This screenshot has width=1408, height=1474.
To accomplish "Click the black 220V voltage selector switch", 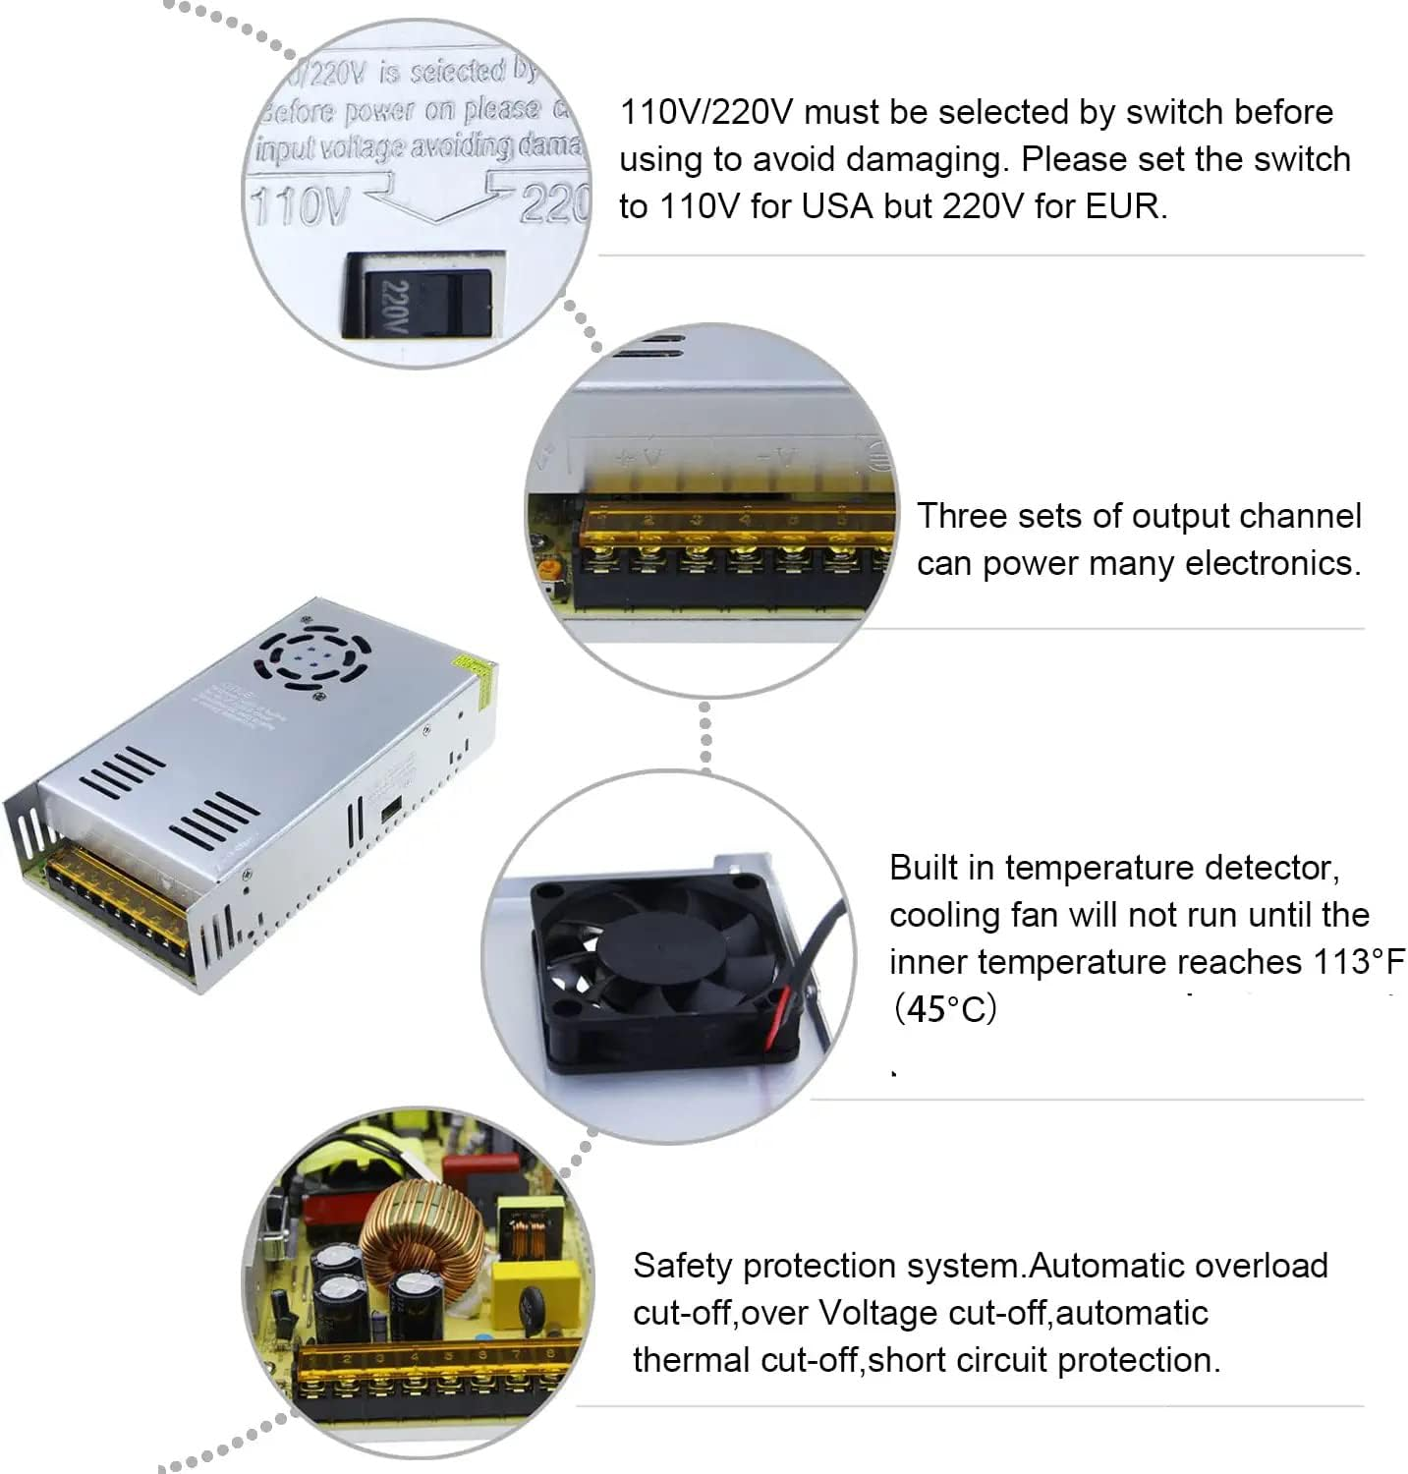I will tap(418, 302).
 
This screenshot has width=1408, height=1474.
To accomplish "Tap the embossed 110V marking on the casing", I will tap(299, 205).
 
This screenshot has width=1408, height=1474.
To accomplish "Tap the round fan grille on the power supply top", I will tap(316, 655).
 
